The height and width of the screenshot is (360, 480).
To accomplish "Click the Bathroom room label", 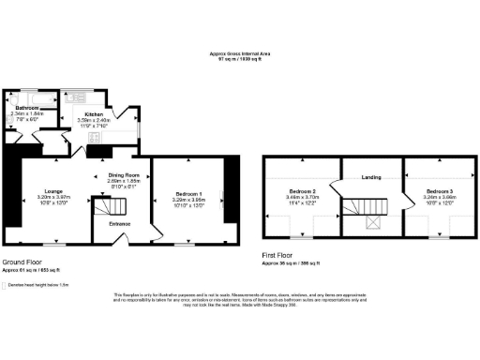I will [x=26, y=108].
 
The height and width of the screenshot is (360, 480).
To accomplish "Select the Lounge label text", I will [x=52, y=191].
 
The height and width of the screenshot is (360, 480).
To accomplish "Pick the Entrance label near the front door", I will [x=121, y=224].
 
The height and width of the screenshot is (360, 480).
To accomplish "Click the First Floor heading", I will [x=279, y=254].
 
